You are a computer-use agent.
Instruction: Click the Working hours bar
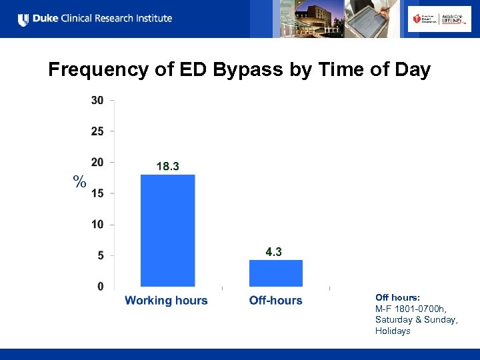click(x=167, y=230)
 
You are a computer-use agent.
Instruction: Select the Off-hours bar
click(x=275, y=273)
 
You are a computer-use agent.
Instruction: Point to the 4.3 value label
click(x=273, y=251)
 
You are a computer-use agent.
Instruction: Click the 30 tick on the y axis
click(x=97, y=100)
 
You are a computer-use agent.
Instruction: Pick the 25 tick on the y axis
click(x=97, y=131)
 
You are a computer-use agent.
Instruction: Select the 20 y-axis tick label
click(x=97, y=162)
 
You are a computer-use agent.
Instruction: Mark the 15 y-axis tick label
click(x=97, y=193)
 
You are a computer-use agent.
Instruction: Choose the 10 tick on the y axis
click(x=97, y=224)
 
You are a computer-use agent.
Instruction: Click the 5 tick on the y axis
click(x=100, y=255)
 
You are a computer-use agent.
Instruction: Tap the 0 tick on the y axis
click(x=100, y=286)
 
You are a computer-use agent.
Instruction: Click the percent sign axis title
click(x=80, y=181)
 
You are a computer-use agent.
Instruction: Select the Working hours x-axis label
click(x=166, y=301)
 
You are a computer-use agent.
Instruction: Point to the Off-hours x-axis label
click(x=275, y=301)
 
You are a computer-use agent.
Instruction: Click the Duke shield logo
click(x=24, y=19)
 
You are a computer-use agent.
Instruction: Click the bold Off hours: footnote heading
click(x=397, y=297)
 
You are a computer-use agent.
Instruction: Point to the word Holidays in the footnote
click(x=393, y=331)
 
